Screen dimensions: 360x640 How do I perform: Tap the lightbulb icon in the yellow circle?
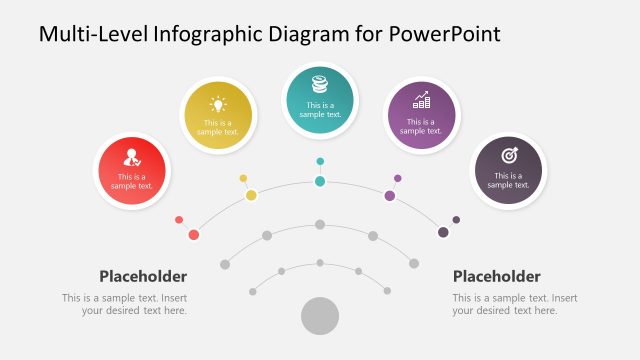point(219,103)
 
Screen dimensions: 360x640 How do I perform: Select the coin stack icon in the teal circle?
point(320,84)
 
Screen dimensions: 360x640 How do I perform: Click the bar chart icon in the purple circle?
point(421,100)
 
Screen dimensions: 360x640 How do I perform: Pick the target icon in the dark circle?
point(508,155)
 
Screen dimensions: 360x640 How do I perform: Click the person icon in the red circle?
point(131,156)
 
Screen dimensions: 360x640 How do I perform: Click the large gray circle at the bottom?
point(320,316)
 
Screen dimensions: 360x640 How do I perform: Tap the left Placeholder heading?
point(143,276)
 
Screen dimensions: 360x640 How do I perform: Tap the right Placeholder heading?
point(497,276)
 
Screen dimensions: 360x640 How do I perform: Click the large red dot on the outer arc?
point(194,235)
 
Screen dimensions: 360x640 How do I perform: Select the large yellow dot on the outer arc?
point(251,195)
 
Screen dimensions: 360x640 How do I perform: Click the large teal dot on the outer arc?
point(320,181)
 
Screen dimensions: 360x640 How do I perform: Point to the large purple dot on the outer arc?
point(389,195)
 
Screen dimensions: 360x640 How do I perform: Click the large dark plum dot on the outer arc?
point(443,232)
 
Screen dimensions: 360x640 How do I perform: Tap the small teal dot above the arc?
point(320,161)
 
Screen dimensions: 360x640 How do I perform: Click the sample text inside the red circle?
point(131,181)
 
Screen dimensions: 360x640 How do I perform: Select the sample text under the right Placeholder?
point(514,304)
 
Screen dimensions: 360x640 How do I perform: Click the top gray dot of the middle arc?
point(320,224)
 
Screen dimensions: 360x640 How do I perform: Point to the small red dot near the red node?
point(179,220)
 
